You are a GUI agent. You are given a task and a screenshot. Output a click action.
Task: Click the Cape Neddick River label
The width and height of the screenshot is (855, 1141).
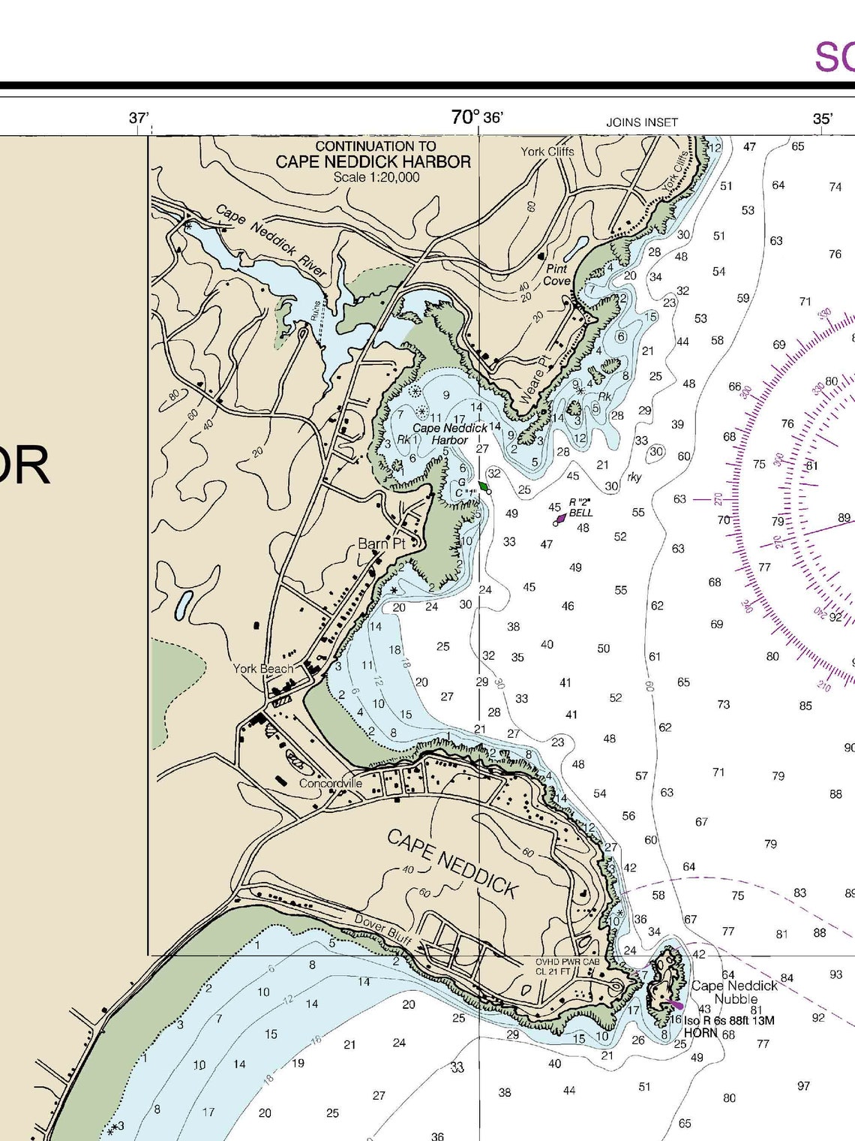pos(271,240)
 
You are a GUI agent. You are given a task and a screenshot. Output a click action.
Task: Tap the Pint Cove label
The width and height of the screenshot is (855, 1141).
pos(556,275)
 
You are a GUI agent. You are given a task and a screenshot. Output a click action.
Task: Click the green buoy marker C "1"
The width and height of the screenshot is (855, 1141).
pos(484,487)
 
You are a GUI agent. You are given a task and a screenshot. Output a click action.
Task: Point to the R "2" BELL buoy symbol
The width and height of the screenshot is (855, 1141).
pos(559,519)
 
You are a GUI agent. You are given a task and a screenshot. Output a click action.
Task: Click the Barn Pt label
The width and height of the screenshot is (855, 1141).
pos(381,543)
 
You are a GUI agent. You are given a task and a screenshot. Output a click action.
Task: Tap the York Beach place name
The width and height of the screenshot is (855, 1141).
pos(262,668)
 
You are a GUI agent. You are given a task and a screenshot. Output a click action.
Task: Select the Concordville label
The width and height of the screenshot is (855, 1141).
pos(331,783)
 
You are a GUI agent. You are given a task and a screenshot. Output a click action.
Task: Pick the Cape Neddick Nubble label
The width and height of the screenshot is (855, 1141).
pos(734,992)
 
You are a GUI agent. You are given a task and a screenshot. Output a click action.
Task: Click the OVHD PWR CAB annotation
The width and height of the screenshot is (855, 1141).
pos(567,962)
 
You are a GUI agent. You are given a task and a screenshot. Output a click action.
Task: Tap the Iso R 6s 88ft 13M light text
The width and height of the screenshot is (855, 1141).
pos(728,1020)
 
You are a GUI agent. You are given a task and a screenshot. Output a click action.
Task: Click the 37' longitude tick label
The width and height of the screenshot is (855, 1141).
pos(139,118)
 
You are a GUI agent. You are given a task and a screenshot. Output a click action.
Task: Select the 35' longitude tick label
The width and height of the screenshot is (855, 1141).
pos(822,119)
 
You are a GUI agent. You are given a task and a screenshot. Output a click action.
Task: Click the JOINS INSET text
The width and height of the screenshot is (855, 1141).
pos(642,122)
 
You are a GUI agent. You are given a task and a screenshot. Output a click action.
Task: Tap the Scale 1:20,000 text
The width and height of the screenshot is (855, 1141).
pos(376,177)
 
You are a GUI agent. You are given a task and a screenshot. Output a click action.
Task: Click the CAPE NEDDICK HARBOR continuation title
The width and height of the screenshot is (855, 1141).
pos(373,161)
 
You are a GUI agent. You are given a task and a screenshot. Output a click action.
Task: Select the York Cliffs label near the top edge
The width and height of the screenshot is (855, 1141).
pos(547,151)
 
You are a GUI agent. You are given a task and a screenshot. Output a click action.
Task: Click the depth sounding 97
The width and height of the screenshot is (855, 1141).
pos(803,1085)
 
